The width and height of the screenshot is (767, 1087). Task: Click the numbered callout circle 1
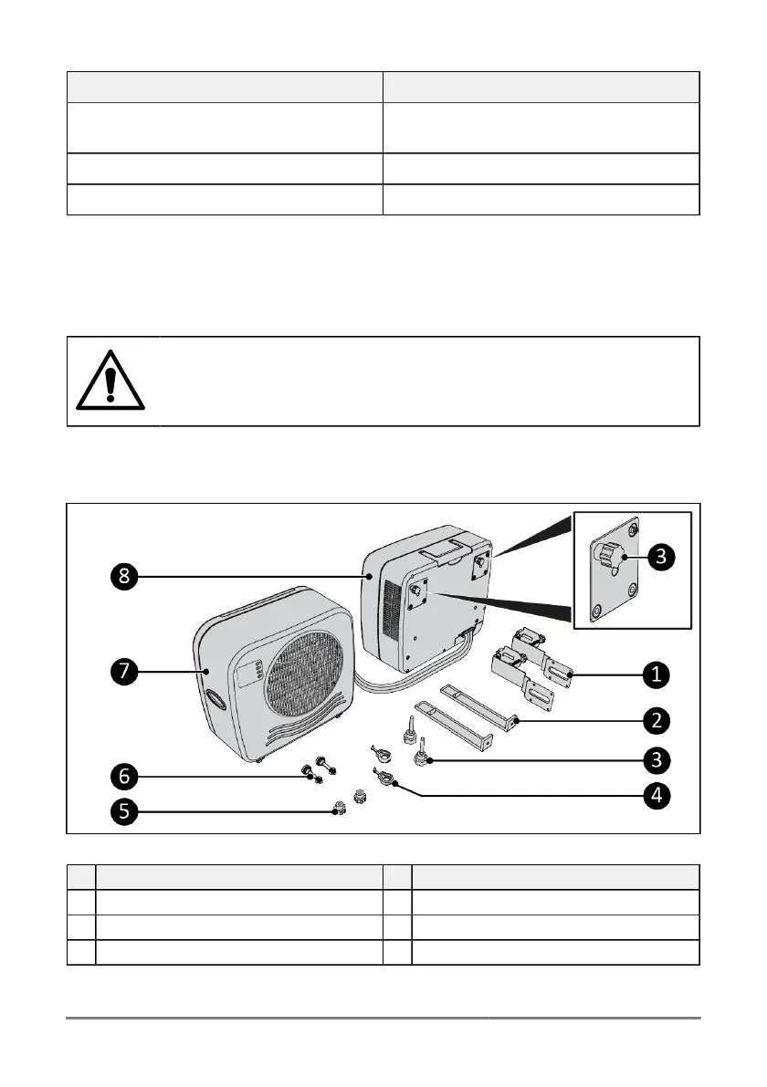654,675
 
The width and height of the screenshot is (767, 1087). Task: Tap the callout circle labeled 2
654,720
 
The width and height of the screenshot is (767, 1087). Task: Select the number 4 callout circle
654,795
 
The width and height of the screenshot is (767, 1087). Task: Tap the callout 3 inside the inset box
654,553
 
